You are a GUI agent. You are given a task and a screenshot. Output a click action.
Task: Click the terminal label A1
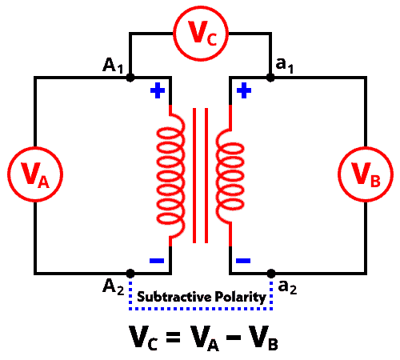(x=113, y=66)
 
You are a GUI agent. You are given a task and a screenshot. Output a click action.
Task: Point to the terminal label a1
(x=285, y=66)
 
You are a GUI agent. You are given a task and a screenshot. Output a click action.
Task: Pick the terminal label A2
(x=114, y=287)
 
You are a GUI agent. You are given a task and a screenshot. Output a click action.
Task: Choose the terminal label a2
(x=287, y=287)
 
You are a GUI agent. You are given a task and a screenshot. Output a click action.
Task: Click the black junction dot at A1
(x=130, y=78)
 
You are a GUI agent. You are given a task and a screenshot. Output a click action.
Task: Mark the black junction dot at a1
(x=270, y=78)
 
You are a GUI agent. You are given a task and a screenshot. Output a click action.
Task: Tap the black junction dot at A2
(x=130, y=274)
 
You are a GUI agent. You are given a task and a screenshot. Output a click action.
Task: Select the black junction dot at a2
(x=271, y=274)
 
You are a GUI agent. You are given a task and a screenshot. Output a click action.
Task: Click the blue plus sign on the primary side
(x=158, y=90)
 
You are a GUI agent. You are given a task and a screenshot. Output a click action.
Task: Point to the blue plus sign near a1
(x=244, y=90)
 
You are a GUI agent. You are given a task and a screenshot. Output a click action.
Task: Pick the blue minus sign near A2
(x=157, y=261)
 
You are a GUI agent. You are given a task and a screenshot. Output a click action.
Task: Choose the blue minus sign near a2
(x=243, y=261)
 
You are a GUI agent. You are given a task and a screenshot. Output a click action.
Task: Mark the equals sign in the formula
(x=173, y=337)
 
